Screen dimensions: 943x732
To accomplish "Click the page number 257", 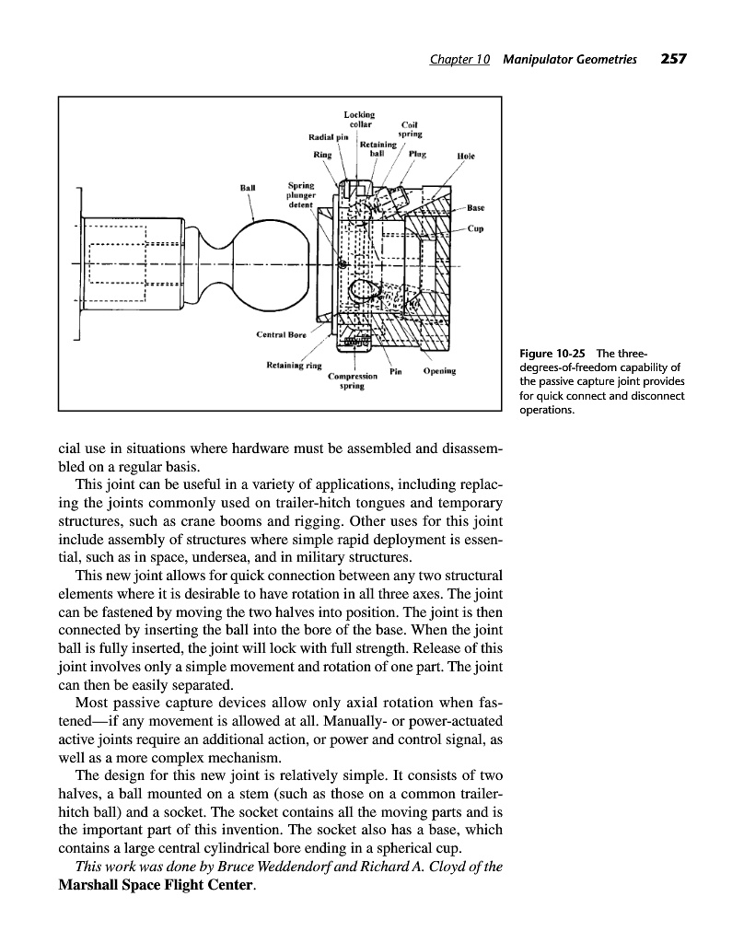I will click(674, 60).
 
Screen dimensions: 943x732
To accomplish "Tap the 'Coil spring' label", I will click(410, 130).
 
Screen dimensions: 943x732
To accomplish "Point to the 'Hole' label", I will click(465, 157).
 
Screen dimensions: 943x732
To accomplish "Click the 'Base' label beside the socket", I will click(476, 207).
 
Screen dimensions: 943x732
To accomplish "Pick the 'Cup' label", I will click(475, 228).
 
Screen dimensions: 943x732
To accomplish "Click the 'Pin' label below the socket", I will click(397, 372).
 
